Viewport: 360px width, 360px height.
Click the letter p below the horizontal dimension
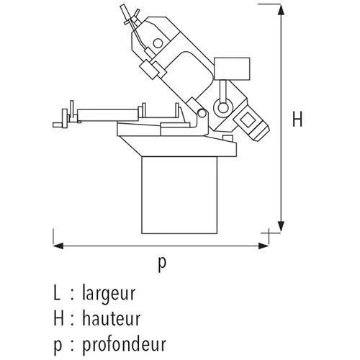(x=161, y=264)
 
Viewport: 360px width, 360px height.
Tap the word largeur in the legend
(x=109, y=294)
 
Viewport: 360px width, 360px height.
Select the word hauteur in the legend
(x=111, y=318)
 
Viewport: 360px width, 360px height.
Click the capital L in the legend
(x=57, y=294)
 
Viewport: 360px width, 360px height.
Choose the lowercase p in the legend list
(x=58, y=343)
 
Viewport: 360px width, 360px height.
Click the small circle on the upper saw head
(x=157, y=45)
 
